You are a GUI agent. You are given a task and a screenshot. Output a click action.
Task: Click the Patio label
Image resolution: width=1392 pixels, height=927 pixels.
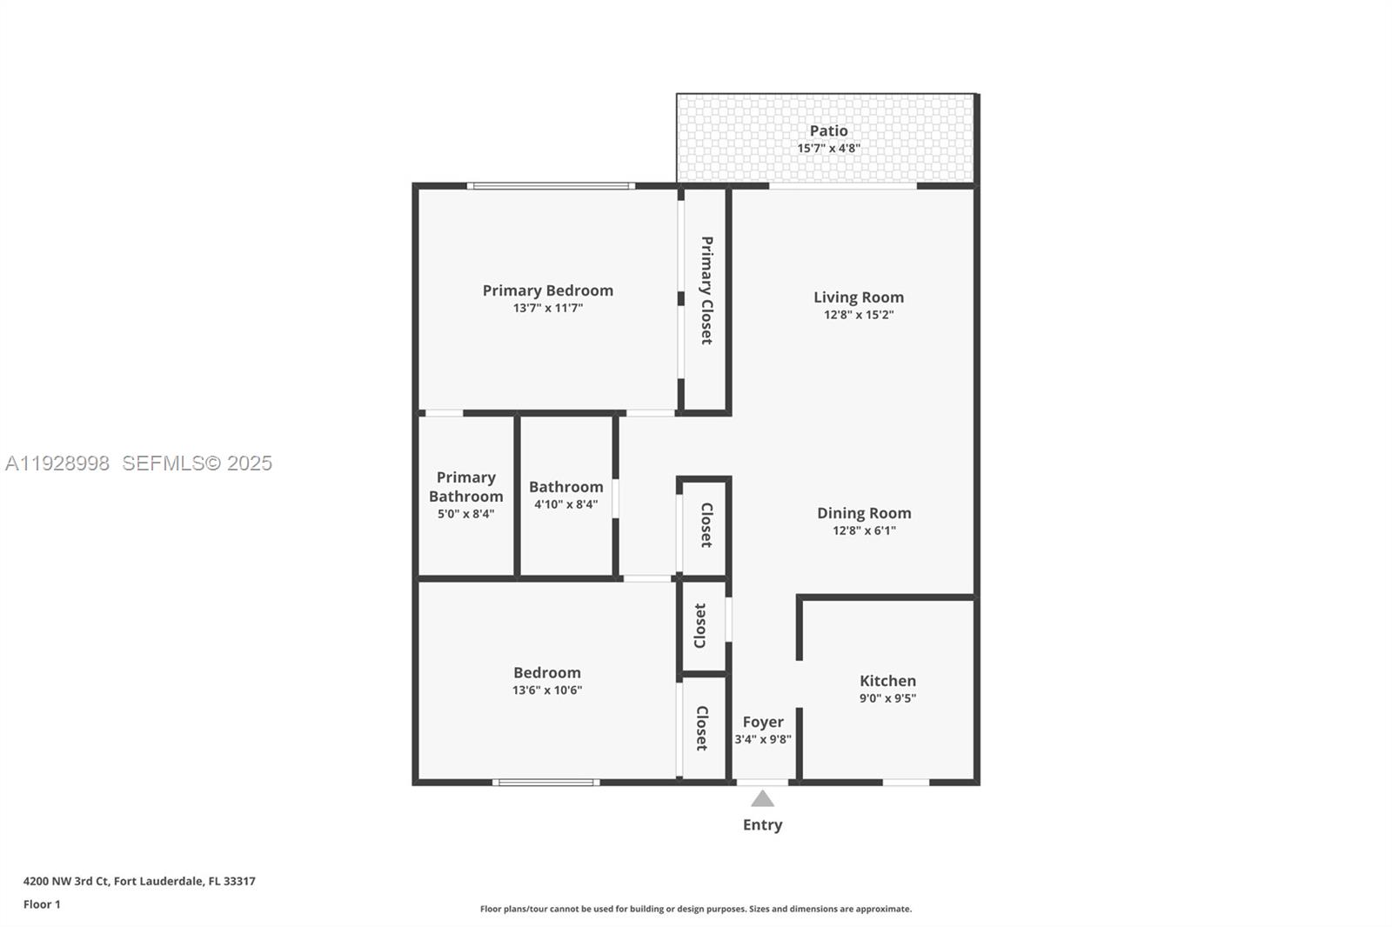(x=828, y=130)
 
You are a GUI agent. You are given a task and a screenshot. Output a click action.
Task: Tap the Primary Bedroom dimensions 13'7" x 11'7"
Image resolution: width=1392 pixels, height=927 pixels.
(x=547, y=308)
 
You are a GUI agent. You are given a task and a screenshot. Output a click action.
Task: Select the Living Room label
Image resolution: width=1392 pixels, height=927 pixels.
(x=858, y=297)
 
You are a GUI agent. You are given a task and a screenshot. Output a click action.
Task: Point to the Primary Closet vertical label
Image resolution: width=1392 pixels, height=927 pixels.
(x=706, y=290)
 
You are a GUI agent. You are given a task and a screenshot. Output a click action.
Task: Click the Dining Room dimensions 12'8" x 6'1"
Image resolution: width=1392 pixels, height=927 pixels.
(x=863, y=530)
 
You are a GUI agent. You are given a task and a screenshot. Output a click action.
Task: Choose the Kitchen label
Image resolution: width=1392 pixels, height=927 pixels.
(x=887, y=681)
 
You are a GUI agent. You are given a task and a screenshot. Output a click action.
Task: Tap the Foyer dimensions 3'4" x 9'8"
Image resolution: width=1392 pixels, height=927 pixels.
(x=762, y=739)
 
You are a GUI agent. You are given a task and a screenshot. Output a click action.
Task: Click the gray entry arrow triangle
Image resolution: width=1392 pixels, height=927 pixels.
(x=762, y=798)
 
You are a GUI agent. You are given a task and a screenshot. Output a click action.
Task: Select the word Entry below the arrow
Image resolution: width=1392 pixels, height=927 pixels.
(x=762, y=824)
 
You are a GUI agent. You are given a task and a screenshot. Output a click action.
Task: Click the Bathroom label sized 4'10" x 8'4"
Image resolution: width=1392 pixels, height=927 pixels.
(x=565, y=487)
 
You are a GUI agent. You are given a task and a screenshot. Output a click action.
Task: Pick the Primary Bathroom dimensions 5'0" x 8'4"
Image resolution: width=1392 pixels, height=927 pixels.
(x=465, y=514)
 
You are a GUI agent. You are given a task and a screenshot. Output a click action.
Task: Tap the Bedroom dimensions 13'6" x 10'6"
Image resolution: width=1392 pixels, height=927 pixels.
(x=546, y=690)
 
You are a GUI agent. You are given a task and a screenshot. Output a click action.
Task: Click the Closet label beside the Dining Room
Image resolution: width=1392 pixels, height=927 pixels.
(x=706, y=524)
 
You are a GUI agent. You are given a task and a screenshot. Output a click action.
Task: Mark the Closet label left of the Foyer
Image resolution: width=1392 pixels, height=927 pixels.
(x=701, y=728)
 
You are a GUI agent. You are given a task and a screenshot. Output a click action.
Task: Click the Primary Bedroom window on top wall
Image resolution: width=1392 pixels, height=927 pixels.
(x=550, y=185)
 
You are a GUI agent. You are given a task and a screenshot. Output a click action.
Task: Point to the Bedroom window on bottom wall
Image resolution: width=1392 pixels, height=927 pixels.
(x=545, y=783)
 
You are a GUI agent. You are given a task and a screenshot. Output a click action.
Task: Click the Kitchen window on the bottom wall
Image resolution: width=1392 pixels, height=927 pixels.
(x=906, y=783)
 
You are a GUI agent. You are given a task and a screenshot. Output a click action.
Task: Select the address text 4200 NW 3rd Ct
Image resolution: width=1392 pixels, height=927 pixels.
(x=66, y=881)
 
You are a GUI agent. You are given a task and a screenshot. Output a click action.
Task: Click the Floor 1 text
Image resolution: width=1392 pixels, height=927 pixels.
(x=42, y=904)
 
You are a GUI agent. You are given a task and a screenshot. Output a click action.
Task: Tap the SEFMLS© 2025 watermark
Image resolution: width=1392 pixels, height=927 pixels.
(x=197, y=463)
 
